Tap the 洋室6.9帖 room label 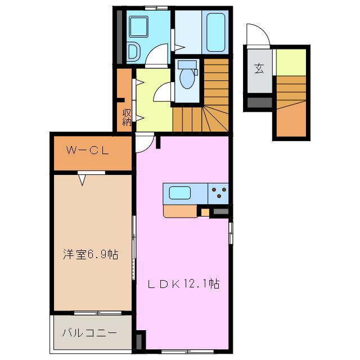pos(90,255)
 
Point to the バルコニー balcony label pos(89,333)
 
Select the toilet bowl pos(186,78)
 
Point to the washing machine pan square pos(138,26)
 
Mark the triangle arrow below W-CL pos(83,180)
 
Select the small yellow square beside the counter pos(205,212)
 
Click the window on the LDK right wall pos(231,232)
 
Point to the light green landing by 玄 pos(291,61)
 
